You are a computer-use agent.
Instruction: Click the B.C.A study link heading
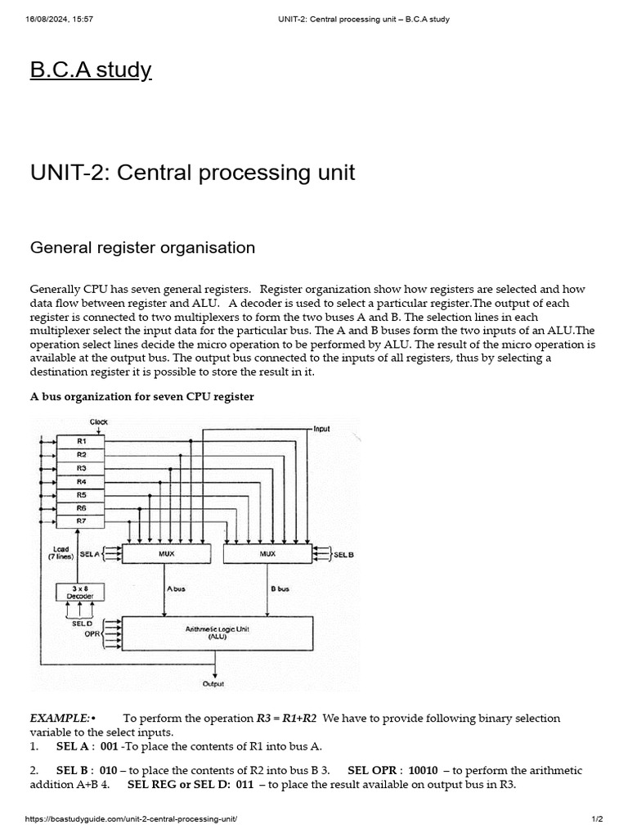(91, 70)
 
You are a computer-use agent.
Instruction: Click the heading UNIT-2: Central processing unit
(192, 173)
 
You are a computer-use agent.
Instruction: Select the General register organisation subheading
(142, 247)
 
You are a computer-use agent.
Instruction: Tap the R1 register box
(82, 441)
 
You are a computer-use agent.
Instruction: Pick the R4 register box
(82, 481)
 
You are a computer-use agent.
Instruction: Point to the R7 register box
(82, 520)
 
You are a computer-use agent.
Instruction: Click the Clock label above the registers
(99, 422)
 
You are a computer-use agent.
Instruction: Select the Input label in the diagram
(321, 428)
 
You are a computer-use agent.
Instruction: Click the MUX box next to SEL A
(167, 554)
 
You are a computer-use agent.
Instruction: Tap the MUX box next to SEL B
(267, 554)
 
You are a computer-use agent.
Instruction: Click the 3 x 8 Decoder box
(74, 592)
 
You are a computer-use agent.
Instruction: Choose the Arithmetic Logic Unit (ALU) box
(217, 632)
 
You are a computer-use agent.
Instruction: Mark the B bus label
(280, 588)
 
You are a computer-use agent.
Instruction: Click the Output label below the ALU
(213, 684)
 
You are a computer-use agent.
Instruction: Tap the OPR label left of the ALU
(92, 633)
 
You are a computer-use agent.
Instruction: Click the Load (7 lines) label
(61, 553)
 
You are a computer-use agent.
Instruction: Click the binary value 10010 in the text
(423, 770)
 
